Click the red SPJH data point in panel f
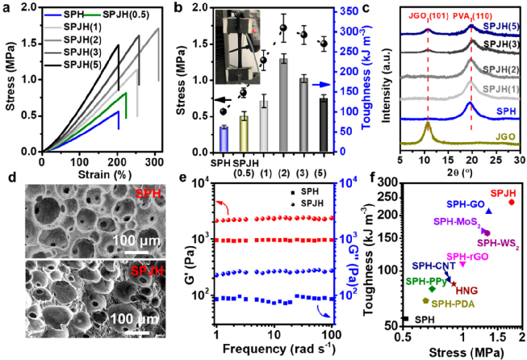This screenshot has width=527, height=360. tap(511, 202)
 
